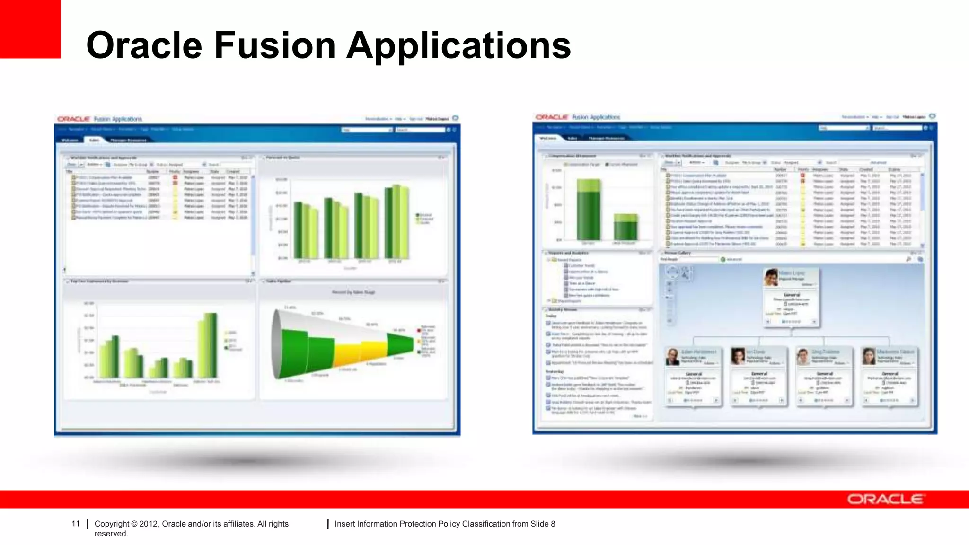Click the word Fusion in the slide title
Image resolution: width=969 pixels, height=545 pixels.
pos(275,45)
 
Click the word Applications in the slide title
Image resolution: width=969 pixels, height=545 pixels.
pos(459,46)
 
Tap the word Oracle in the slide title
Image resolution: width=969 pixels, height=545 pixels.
pos(144,45)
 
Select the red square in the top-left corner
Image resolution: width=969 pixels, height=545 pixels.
pos(30,29)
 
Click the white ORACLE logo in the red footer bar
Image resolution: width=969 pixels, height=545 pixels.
pos(885,499)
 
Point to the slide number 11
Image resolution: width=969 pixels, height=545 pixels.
pos(76,524)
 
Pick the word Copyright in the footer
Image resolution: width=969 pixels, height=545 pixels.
pos(112,524)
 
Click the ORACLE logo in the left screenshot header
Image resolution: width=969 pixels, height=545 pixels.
pos(73,119)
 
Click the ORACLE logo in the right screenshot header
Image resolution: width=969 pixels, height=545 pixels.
pos(552,117)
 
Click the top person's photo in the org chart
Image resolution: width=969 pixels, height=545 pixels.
pos(771,278)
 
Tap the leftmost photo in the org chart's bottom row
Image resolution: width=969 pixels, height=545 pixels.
pos(672,357)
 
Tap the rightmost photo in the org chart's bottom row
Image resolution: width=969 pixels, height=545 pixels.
pos(869,357)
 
